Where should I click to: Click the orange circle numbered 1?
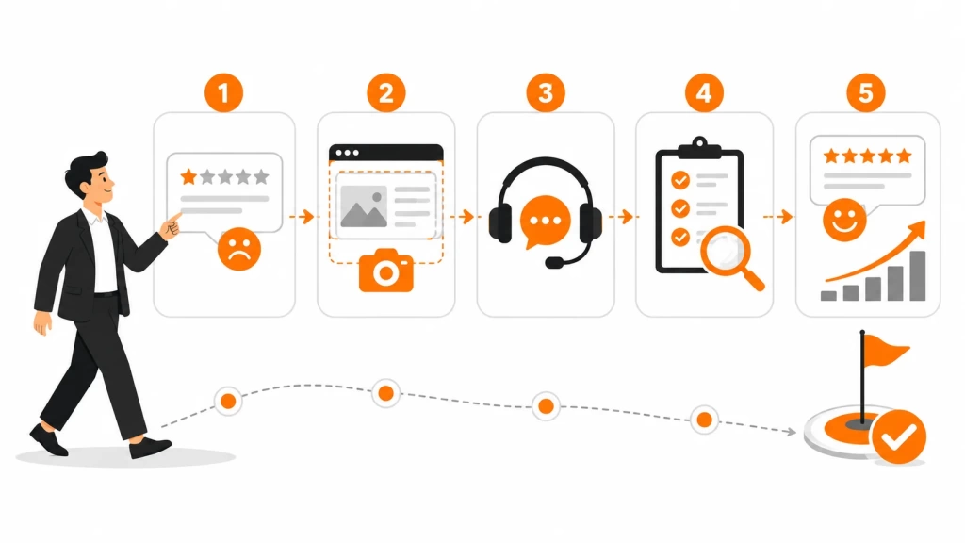coord(223,93)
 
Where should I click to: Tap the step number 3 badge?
coord(546,93)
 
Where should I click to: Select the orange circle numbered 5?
coord(866,93)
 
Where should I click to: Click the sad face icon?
coord(239,249)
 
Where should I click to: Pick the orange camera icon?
coord(385,271)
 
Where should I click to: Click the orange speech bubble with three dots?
coord(544,222)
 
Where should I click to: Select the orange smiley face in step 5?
coord(844,220)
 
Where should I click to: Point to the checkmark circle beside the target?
coord(899,437)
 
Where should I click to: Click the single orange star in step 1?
coord(188,177)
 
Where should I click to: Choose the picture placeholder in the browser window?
coord(364,206)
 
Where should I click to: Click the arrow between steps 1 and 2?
coord(302,217)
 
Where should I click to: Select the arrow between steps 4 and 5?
coord(777,217)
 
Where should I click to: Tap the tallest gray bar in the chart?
coord(918,276)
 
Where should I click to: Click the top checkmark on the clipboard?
coord(680,180)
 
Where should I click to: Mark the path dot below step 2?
coord(385,393)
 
